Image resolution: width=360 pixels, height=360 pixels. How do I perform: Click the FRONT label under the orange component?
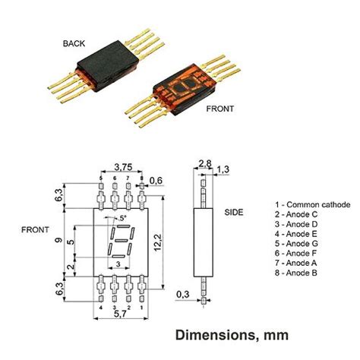(x=220, y=109)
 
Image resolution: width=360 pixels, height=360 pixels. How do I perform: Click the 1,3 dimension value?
(x=223, y=169)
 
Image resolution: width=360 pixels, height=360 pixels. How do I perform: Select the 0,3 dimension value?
(x=183, y=294)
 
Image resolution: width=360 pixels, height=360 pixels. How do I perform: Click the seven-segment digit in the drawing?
(x=118, y=242)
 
